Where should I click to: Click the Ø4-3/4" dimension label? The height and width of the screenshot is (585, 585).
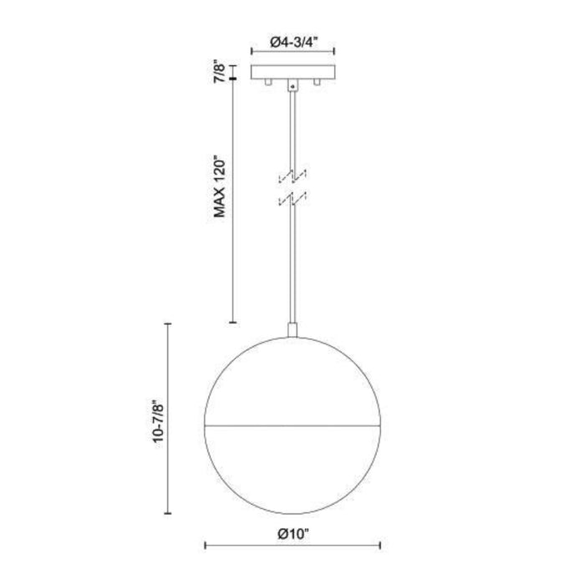(x=293, y=42)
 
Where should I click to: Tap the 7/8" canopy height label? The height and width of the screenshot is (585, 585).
(x=220, y=74)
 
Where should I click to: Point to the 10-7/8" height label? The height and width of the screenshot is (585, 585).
(x=158, y=422)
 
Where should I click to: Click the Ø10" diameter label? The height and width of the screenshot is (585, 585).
(x=293, y=534)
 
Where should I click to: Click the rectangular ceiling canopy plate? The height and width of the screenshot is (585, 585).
(x=292, y=72)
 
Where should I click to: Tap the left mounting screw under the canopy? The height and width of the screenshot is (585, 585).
(x=267, y=82)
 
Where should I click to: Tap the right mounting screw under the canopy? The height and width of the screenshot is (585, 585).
(x=317, y=82)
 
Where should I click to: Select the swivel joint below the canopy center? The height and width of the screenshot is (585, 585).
(x=292, y=85)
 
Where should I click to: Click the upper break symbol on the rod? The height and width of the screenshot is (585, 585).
(x=292, y=176)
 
